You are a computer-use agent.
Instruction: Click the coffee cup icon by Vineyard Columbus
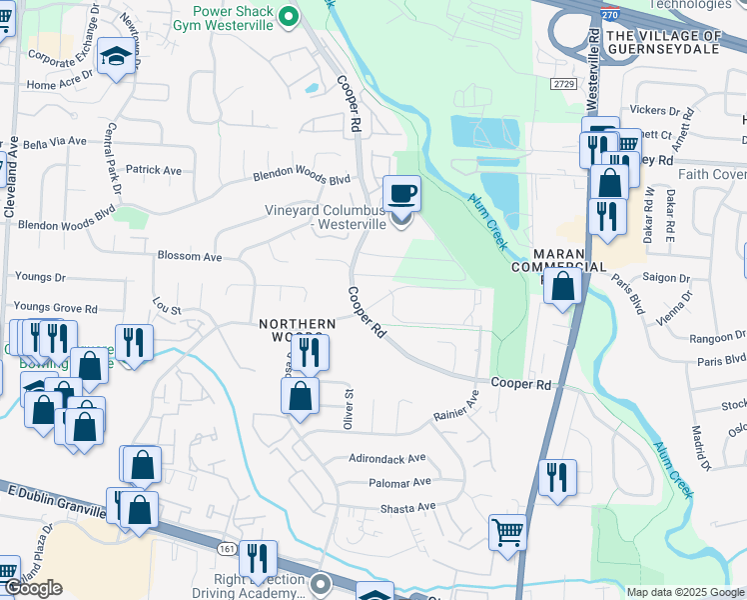[x=401, y=192]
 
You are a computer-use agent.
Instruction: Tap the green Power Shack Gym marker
[x=289, y=16]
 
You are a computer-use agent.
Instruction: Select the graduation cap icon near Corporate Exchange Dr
[x=117, y=58]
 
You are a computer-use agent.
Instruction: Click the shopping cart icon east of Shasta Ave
[x=508, y=532]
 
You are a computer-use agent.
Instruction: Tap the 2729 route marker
[x=563, y=85]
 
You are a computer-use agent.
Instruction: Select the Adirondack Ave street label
[x=386, y=457]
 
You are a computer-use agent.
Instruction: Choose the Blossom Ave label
[x=189, y=256]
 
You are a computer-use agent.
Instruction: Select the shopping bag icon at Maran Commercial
[x=564, y=286]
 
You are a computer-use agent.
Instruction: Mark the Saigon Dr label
[x=670, y=278]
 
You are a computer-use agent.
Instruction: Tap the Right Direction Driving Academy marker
[x=320, y=581]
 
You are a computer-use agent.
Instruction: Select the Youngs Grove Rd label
[x=55, y=308]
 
